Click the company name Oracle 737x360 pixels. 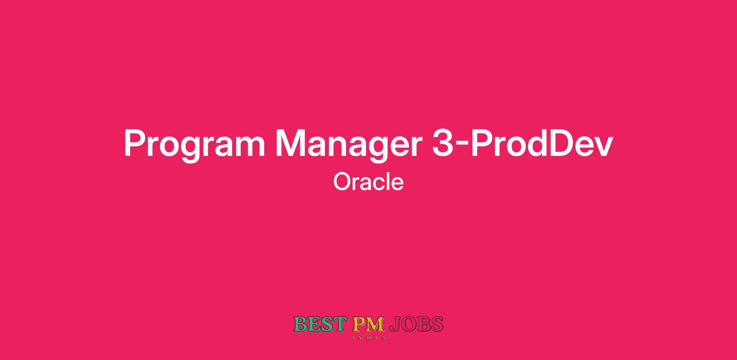coord(368,182)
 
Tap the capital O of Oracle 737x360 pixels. coord(341,182)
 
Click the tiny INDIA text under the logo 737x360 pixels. coord(368,338)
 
